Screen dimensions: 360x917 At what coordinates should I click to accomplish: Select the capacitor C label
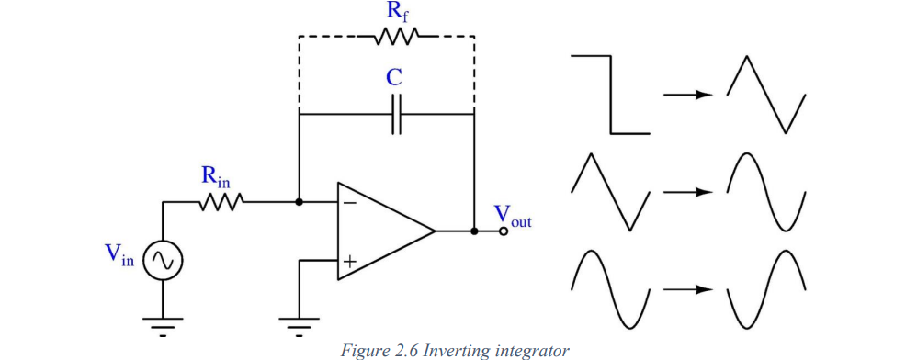click(x=393, y=77)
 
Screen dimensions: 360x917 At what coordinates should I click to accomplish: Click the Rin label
click(x=218, y=178)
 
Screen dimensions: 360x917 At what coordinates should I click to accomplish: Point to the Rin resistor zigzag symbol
click(x=220, y=202)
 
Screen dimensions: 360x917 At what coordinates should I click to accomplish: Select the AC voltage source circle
click(x=163, y=262)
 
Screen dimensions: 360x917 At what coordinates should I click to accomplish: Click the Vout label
click(x=512, y=216)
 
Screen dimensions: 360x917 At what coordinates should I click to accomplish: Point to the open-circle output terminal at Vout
click(x=504, y=231)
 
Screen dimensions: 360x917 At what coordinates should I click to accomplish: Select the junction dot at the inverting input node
click(x=300, y=202)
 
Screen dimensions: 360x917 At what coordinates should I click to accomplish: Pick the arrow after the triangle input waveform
click(x=688, y=192)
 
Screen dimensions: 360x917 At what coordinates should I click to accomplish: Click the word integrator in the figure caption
click(x=532, y=349)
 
